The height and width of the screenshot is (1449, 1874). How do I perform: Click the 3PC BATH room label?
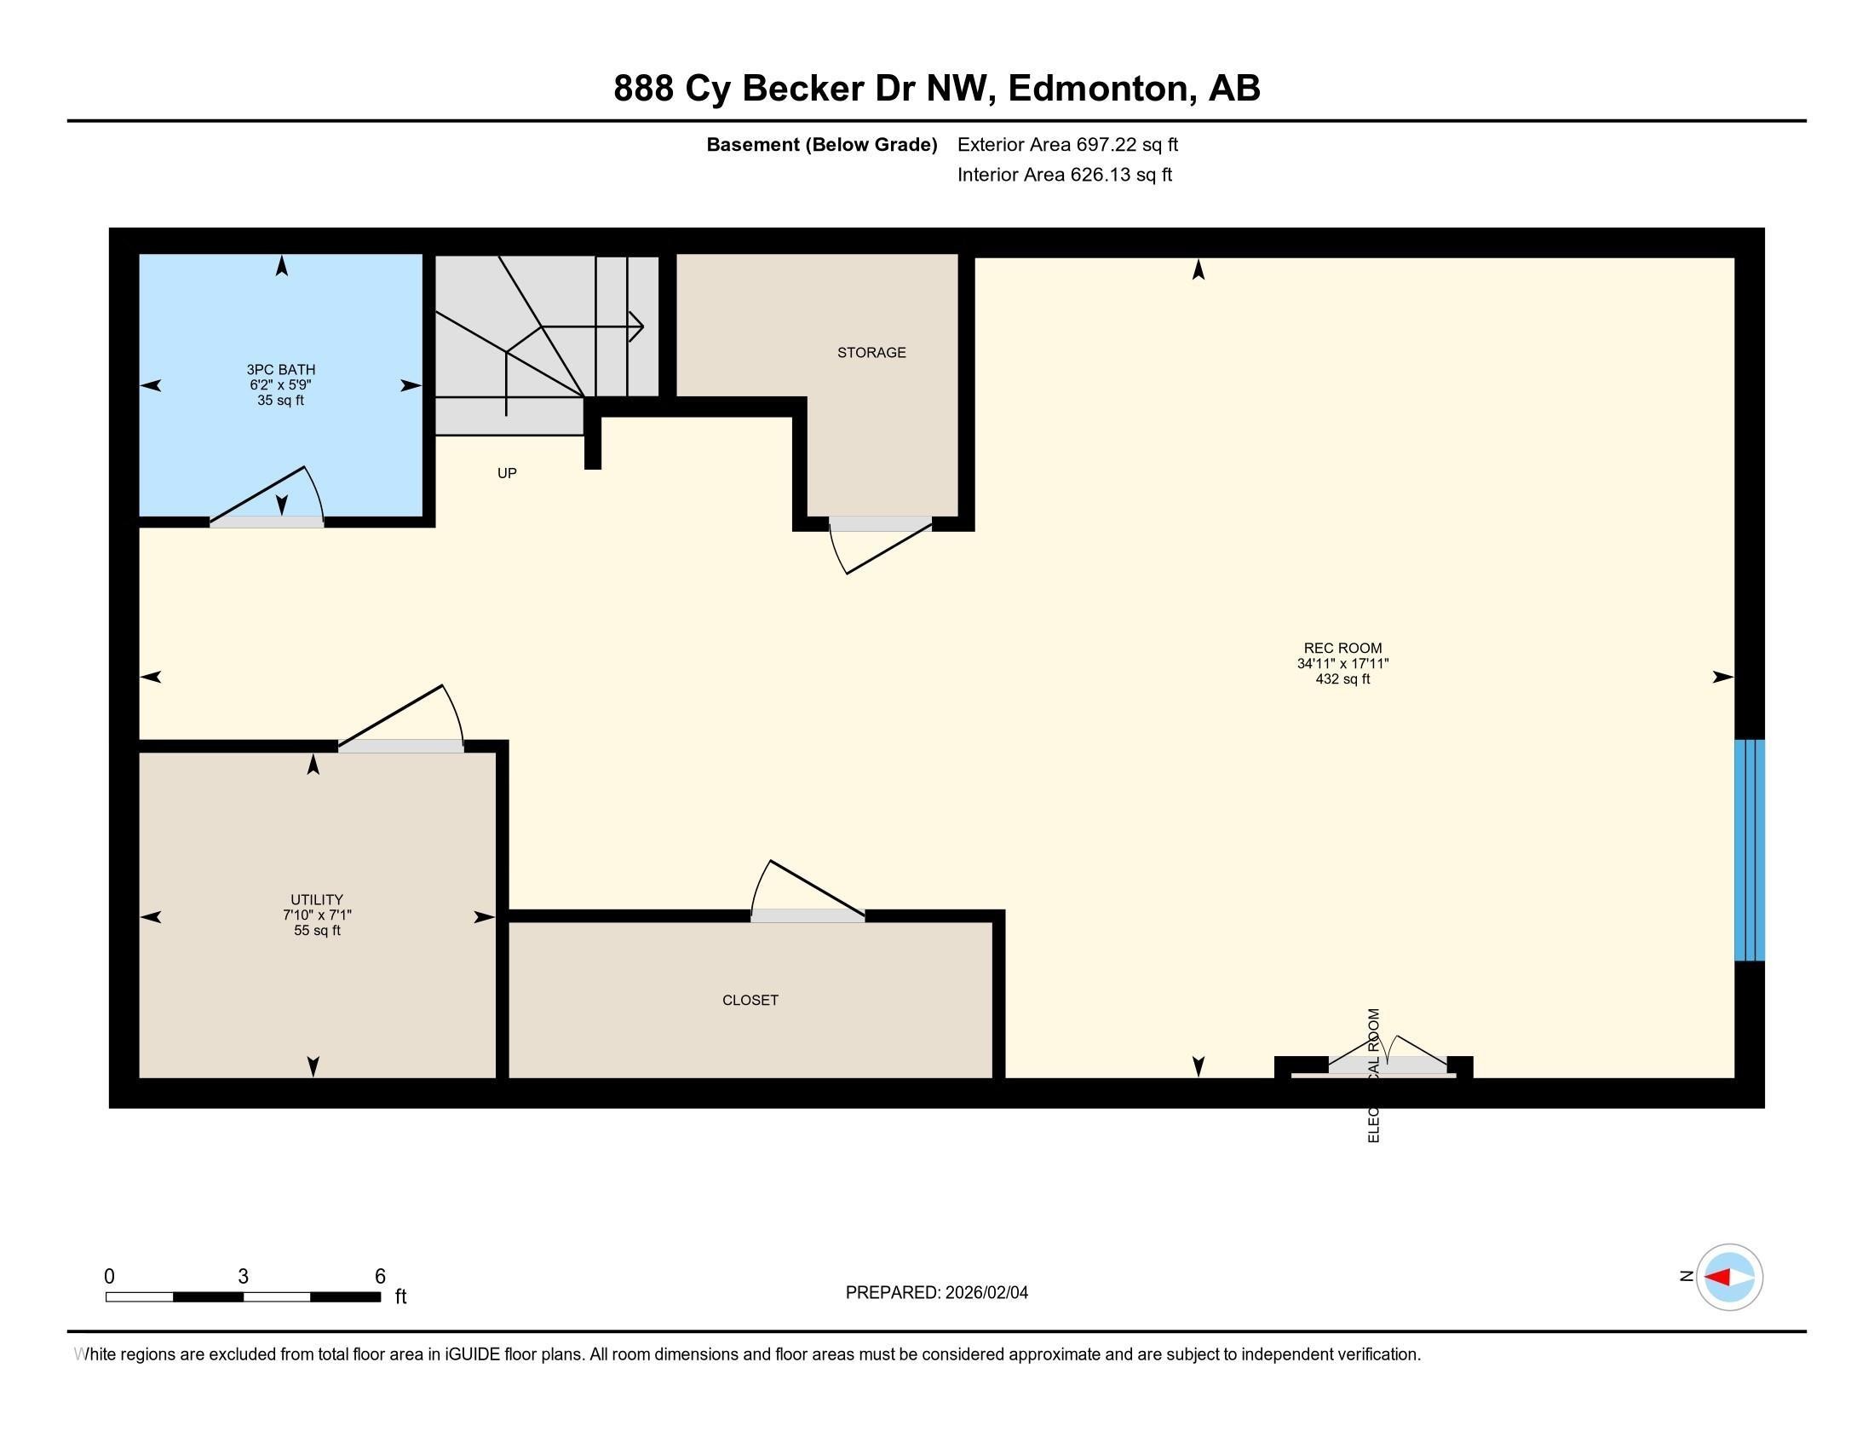coord(280,370)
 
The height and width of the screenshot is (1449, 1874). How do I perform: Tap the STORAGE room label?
coord(871,353)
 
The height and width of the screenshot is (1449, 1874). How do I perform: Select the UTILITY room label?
coord(317,899)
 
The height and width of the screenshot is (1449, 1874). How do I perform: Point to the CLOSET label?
coord(750,1000)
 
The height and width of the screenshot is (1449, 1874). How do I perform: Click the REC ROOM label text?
coord(1342,648)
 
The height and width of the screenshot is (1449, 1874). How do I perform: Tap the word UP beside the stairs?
coord(507,473)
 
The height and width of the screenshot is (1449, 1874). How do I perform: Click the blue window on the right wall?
coord(1749,850)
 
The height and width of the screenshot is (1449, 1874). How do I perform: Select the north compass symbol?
coord(1729,1278)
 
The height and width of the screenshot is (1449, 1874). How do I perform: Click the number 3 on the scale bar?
coord(243,1277)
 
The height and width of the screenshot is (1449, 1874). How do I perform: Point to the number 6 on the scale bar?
coord(380,1277)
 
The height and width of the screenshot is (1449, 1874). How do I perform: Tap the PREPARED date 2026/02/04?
coord(986,1293)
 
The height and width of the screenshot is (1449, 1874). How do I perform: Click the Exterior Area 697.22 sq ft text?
coord(1067,145)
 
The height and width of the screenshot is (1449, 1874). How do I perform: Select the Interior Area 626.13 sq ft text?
coord(1064,175)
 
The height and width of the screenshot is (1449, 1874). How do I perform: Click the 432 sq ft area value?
coord(1342,679)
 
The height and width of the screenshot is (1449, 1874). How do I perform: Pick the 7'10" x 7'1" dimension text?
coord(317,915)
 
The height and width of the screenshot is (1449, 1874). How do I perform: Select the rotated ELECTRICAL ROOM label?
coord(1373,1075)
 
